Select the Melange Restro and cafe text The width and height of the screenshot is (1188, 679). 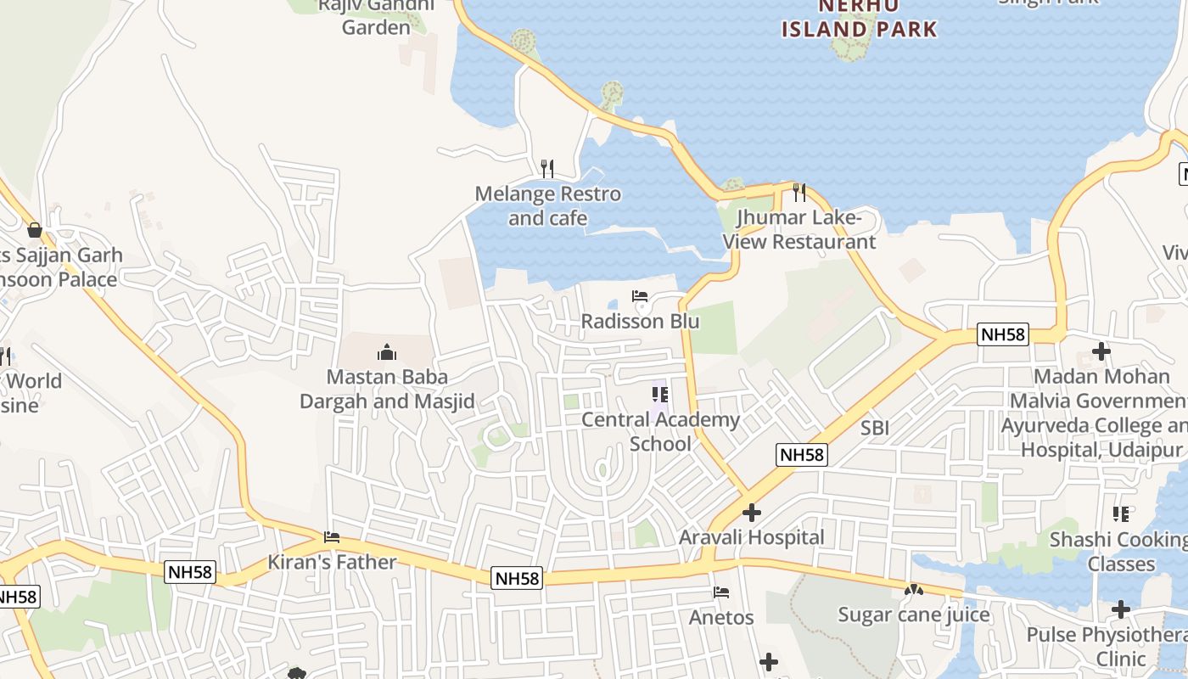[x=547, y=206]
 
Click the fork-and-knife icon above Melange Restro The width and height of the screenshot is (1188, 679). [x=547, y=169]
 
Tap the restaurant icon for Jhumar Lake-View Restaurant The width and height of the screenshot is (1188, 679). [x=799, y=193]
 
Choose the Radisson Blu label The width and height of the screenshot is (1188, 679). [x=640, y=322]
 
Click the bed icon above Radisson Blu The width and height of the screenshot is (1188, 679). [x=640, y=296]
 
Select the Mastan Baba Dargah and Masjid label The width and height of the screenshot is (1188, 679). [x=387, y=389]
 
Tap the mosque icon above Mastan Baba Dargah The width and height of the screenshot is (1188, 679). [x=387, y=352]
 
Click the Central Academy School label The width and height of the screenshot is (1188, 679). [x=660, y=431]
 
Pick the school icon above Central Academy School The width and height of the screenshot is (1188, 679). [x=660, y=394]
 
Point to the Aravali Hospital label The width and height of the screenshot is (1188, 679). [x=751, y=537]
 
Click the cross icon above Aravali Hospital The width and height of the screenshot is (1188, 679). [x=751, y=513]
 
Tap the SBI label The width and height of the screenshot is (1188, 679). [x=875, y=429]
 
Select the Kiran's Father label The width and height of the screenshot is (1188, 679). [x=332, y=562]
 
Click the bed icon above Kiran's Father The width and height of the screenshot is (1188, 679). [x=332, y=537]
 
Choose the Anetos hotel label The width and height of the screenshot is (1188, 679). [x=721, y=617]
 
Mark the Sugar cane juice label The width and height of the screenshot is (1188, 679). [x=914, y=614]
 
